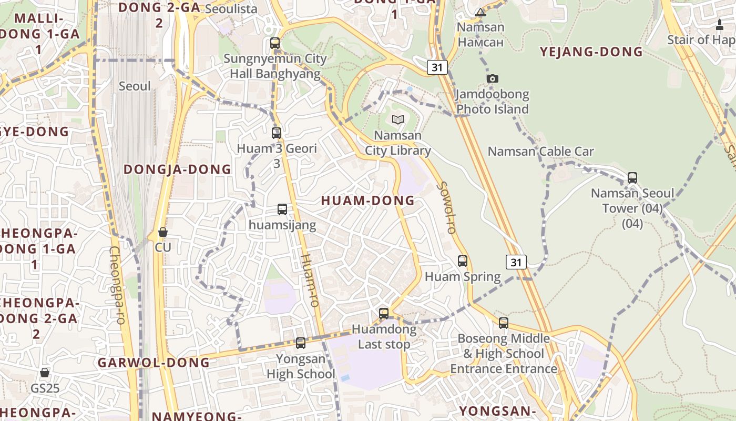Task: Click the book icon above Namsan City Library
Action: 398,120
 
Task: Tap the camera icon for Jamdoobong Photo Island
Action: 492,79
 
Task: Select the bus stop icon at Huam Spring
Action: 463,260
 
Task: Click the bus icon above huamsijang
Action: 282,209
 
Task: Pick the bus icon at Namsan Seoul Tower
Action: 632,178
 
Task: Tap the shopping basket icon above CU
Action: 163,232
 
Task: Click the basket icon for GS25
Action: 45,373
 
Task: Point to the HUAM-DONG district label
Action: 367,201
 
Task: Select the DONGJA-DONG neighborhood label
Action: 177,169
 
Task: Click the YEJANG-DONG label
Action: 591,52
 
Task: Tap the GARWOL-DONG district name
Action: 154,362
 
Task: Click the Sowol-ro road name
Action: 447,207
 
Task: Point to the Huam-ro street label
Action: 310,280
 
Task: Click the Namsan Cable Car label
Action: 540,152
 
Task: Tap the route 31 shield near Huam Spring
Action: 516,262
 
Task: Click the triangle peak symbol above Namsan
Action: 481,12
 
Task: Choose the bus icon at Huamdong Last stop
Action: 384,314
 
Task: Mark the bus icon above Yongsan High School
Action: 301,343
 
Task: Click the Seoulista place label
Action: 231,9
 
